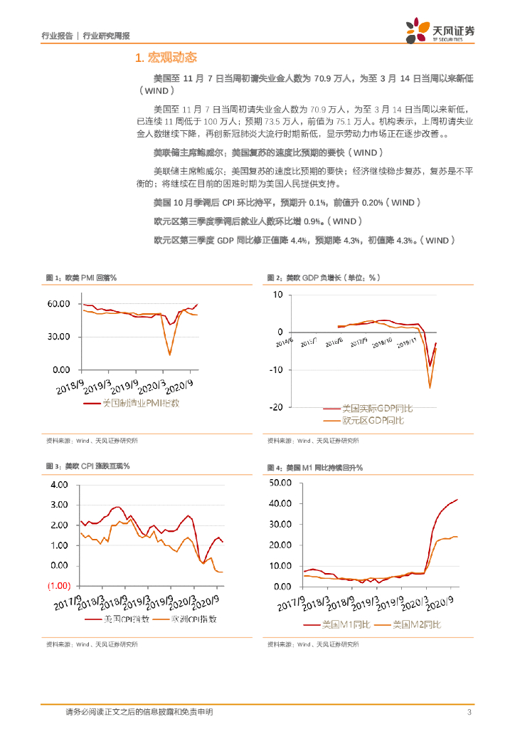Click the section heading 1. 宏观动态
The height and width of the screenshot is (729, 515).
click(x=166, y=57)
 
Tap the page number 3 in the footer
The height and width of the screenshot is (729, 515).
click(x=469, y=713)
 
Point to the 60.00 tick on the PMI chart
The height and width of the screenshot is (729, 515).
click(x=58, y=304)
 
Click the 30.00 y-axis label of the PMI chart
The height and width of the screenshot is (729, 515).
click(x=58, y=337)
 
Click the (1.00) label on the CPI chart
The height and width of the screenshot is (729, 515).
click(x=58, y=586)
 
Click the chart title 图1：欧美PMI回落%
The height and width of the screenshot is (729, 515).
click(x=81, y=277)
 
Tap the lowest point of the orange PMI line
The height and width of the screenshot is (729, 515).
click(x=169, y=355)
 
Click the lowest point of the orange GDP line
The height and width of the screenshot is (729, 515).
click(x=430, y=388)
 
